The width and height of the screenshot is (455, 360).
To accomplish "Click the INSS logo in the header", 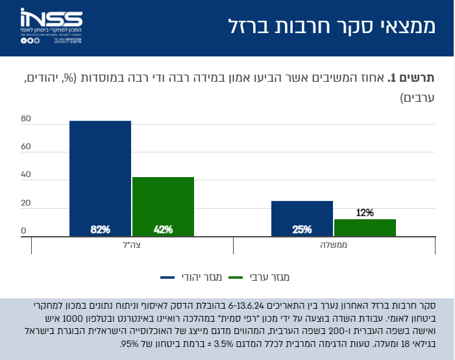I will tap(51, 27).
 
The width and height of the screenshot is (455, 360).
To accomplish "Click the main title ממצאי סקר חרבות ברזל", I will tap(332, 27).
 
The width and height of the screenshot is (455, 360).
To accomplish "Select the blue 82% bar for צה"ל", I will tap(100, 175).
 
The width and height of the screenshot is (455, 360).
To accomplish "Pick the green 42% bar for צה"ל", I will tap(163, 204).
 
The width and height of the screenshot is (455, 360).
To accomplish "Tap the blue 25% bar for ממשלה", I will tap(302, 217).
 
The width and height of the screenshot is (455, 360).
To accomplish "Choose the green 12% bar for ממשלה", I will tap(365, 227).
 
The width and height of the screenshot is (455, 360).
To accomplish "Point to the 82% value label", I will tap(100, 229).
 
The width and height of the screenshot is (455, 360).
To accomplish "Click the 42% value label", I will tap(163, 229).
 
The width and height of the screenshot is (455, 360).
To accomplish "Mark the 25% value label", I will tap(302, 229).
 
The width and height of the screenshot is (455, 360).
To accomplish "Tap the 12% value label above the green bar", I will tap(365, 213).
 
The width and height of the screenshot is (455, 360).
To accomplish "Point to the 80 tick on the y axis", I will tap(25, 119).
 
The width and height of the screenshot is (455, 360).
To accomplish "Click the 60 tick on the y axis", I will tap(25, 147).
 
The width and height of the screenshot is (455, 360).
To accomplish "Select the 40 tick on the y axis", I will tap(25, 175).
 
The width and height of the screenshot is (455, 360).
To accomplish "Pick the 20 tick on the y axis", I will tap(25, 203).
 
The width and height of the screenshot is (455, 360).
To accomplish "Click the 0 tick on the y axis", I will tap(23, 231).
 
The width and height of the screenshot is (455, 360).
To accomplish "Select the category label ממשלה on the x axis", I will tap(334, 246).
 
